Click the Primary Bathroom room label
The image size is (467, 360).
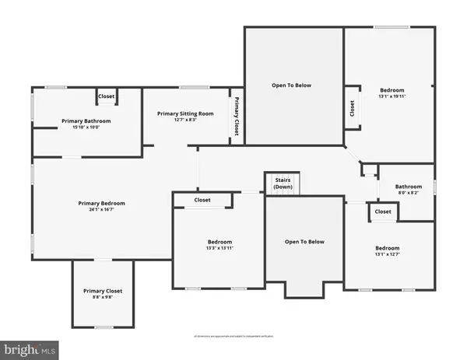(86, 121)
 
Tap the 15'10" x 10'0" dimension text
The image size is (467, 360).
(86, 128)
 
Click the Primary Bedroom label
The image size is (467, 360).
(101, 203)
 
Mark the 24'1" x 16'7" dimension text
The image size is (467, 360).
(101, 210)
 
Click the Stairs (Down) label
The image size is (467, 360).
(283, 183)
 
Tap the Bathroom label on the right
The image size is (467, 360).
(408, 187)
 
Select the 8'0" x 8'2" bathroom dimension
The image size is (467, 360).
(408, 194)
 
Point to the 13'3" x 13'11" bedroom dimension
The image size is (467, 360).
(219, 249)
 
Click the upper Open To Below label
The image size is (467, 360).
(291, 85)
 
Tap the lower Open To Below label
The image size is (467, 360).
(304, 242)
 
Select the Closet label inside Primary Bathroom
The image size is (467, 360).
(107, 97)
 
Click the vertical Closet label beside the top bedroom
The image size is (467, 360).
(352, 108)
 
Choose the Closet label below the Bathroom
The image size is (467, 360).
(383, 211)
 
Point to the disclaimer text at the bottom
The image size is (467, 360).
(233, 336)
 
